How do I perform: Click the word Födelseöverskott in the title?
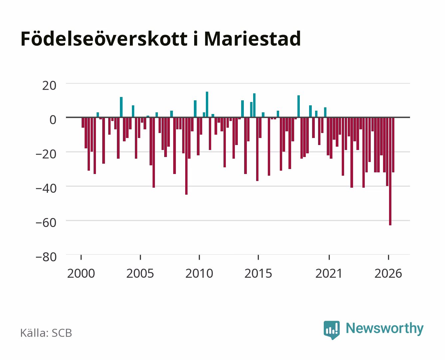(104, 39)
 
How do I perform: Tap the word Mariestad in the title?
(252, 39)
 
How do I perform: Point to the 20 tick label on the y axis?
(49, 86)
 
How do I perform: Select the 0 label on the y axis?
(53, 120)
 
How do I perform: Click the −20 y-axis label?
(46, 154)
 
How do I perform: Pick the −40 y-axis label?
(46, 189)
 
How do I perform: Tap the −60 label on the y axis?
(46, 223)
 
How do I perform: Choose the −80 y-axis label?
(46, 257)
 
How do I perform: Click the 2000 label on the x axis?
(81, 273)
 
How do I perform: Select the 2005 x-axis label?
(140, 273)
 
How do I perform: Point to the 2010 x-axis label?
(199, 273)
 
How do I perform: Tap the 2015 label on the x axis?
(258, 273)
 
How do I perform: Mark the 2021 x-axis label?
(329, 273)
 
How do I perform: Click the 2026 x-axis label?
(388, 273)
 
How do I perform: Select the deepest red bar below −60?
(390, 171)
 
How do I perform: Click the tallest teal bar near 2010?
(207, 105)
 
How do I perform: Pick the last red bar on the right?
(393, 145)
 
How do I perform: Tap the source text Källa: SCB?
(46, 333)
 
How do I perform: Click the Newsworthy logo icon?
(332, 330)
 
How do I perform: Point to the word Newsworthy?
(385, 329)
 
